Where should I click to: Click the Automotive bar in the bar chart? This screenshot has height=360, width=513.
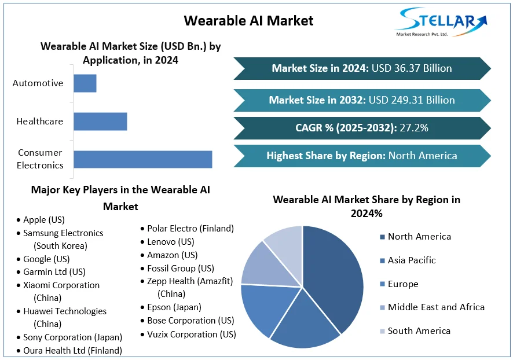pos(85,83)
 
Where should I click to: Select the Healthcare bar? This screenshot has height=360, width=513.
pos(100,122)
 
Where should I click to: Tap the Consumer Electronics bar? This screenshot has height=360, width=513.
pos(143,159)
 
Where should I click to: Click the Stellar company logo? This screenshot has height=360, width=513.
pos(441,21)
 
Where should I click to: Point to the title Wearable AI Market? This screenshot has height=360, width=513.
pos(248,21)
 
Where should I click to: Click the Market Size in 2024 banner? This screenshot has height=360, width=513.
pos(362,68)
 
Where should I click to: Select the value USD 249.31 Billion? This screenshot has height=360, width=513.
pos(412,100)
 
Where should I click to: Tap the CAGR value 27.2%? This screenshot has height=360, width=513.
pos(414,128)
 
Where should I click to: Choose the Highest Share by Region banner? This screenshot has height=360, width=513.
pos(362,156)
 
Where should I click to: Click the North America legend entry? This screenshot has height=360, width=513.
pos(416,237)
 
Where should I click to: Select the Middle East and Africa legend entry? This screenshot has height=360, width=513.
pos(432,307)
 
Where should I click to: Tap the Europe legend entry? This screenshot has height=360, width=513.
pos(399,284)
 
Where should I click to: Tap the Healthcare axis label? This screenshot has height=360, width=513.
pos(40,122)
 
